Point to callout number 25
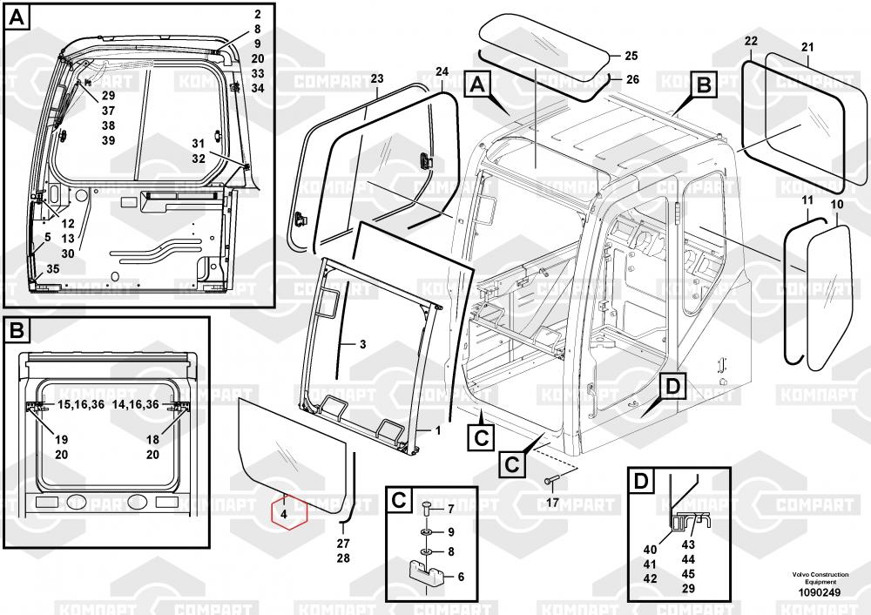pyautogui.click(x=631, y=56)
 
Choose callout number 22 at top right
pyautogui.click(x=751, y=41)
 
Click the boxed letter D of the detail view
pyautogui.click(x=640, y=482)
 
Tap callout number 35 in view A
pyautogui.click(x=53, y=269)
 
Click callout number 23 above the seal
pyautogui.click(x=376, y=79)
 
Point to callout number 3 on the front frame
pyautogui.click(x=362, y=344)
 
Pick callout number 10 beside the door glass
pyautogui.click(x=837, y=204)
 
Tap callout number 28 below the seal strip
pyautogui.click(x=342, y=558)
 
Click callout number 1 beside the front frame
pyautogui.click(x=437, y=429)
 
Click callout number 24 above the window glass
pyautogui.click(x=442, y=71)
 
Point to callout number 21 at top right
pyautogui.click(x=807, y=47)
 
